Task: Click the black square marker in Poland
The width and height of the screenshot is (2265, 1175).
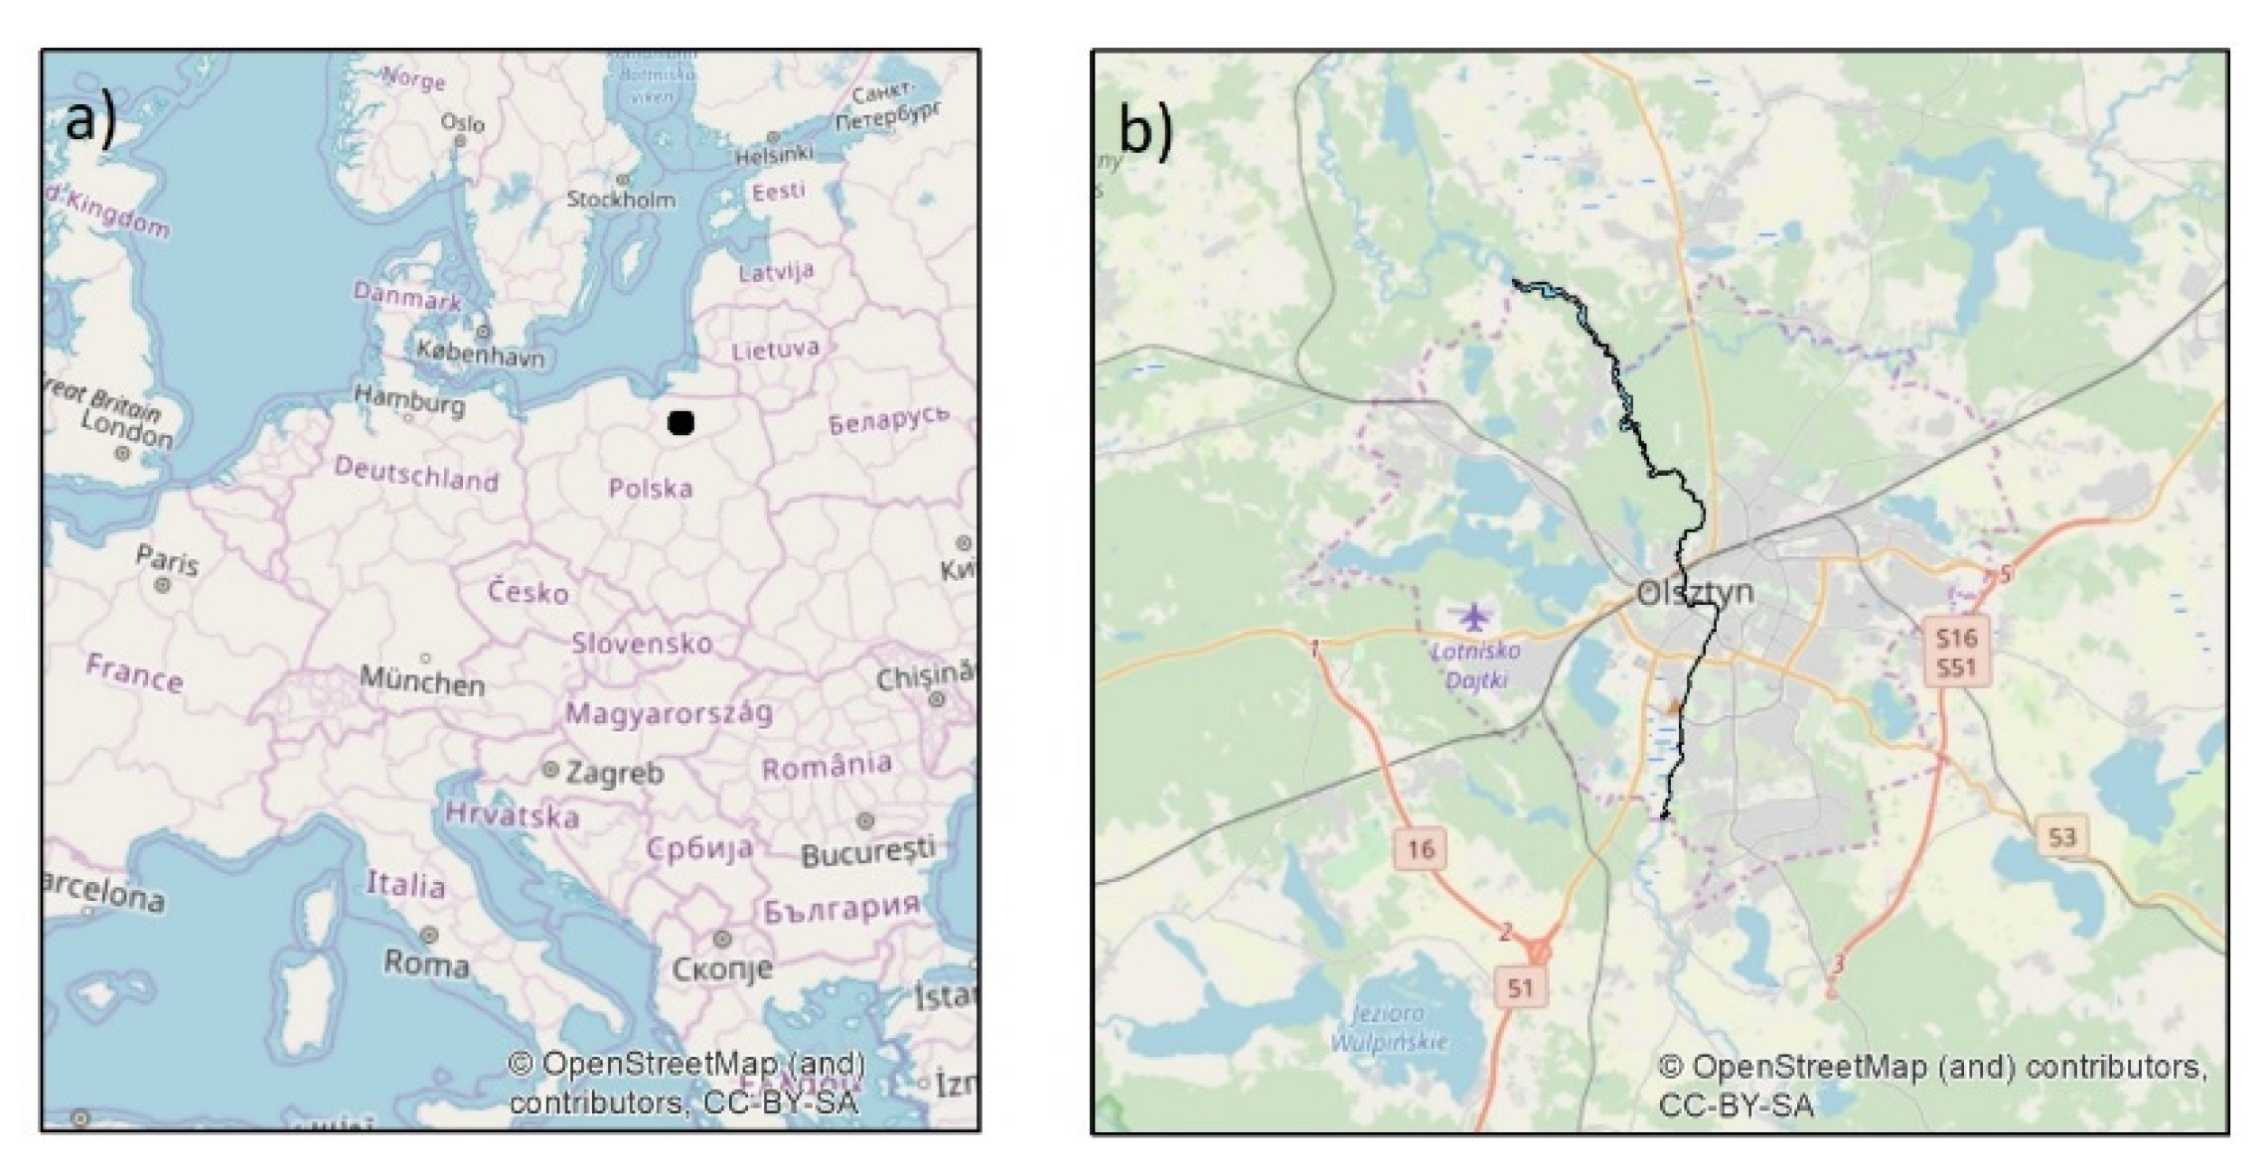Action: coord(680,423)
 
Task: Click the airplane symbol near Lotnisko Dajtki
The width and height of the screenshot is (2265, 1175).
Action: coord(1475,617)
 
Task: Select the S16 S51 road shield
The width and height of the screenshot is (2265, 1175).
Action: coord(1955,652)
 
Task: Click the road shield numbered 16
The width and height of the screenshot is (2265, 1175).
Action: coord(1420,848)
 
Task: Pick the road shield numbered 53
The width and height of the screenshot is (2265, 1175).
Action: coord(2061,836)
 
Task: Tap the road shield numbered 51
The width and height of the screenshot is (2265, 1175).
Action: coord(1520,987)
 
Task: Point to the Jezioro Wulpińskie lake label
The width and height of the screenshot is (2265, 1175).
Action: coord(1388,1028)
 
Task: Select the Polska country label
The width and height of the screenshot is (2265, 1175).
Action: coord(651,488)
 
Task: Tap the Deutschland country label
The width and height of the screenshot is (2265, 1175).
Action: coord(416,474)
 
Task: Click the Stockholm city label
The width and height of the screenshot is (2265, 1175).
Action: coord(621,200)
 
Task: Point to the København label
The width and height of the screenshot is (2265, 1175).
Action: coord(481,353)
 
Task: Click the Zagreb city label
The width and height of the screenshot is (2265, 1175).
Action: coord(614,772)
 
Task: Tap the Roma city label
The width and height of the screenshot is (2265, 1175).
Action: coord(426,962)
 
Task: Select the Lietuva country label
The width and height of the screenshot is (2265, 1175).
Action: coord(776,350)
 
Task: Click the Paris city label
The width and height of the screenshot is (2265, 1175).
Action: coord(167,561)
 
